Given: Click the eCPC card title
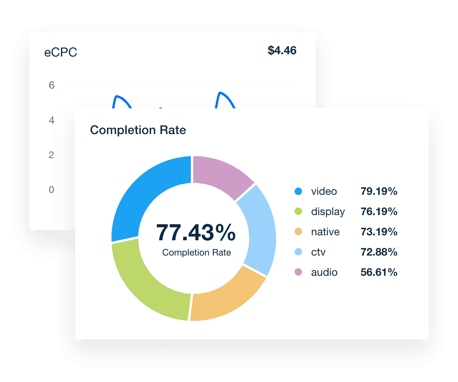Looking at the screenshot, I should coord(61,52).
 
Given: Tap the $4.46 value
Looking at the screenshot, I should coord(282,50).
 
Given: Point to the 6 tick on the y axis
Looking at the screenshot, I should coord(52,85).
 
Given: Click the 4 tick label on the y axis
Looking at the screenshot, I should coord(52,120).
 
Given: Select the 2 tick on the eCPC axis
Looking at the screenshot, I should coord(52,155).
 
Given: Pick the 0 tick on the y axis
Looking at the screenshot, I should coord(52,190).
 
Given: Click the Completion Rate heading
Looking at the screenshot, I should coord(138,130).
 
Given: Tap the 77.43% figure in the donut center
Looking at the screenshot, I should coord(196,233).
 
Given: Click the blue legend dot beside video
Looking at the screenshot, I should coord(298,191).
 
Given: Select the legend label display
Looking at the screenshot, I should coord(328,212).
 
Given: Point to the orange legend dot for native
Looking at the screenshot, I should coord(298,232).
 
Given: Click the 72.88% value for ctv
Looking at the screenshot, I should coord(379,252).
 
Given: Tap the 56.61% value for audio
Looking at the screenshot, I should coord(379,272).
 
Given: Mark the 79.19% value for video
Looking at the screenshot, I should coord(379,191).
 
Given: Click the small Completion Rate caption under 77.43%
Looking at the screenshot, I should coord(197,253).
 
